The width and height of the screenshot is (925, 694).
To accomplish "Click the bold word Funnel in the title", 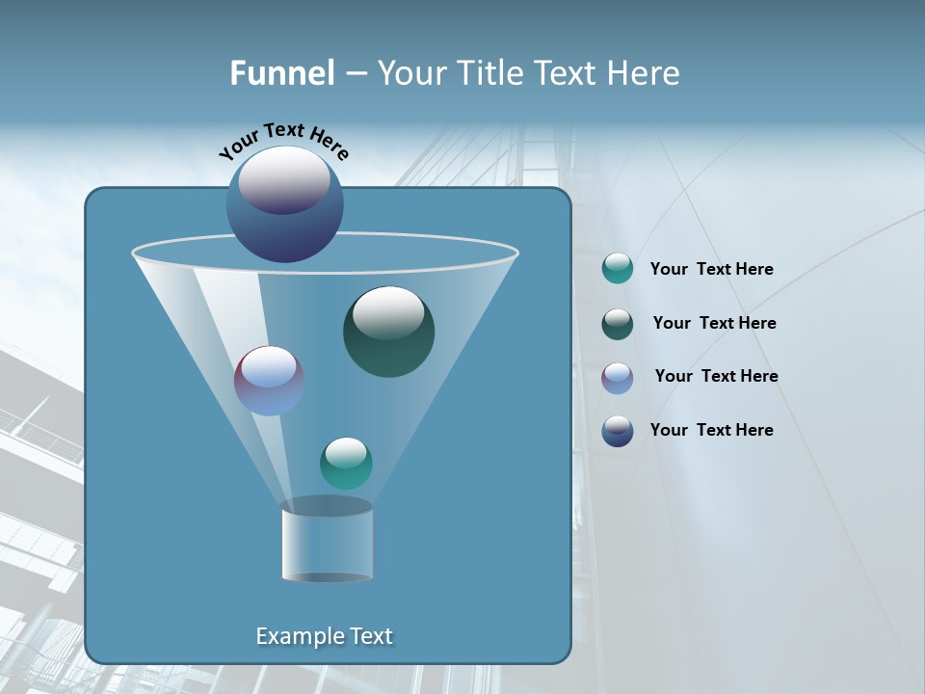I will (x=282, y=73).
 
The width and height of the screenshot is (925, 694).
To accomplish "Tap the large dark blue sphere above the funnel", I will (x=284, y=204).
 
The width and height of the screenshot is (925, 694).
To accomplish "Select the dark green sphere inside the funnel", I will (x=389, y=332).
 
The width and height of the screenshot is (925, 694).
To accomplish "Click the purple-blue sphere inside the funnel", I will (x=269, y=381).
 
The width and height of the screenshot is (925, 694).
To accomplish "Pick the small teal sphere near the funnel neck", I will (x=346, y=464).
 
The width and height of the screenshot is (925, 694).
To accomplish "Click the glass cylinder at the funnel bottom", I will (x=327, y=541).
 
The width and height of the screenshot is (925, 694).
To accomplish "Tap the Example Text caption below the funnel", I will (x=324, y=636).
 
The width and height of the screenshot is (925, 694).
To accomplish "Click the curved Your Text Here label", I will (x=283, y=140).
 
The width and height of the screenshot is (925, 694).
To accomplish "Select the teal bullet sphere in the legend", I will (x=618, y=269).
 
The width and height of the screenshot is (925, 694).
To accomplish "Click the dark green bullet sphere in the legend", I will (x=618, y=324).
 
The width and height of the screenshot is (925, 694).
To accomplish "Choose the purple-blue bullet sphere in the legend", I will (x=618, y=377).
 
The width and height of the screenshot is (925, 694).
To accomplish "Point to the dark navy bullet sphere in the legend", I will (x=618, y=431).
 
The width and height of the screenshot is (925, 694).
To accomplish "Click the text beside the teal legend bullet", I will (x=711, y=270).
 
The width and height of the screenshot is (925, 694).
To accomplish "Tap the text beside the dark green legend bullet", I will (x=714, y=324).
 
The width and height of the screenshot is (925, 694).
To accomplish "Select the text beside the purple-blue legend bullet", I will (x=716, y=377).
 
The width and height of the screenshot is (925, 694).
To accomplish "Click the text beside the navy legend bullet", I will (x=711, y=431).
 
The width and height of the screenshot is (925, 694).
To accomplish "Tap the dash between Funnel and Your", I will (x=356, y=74).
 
